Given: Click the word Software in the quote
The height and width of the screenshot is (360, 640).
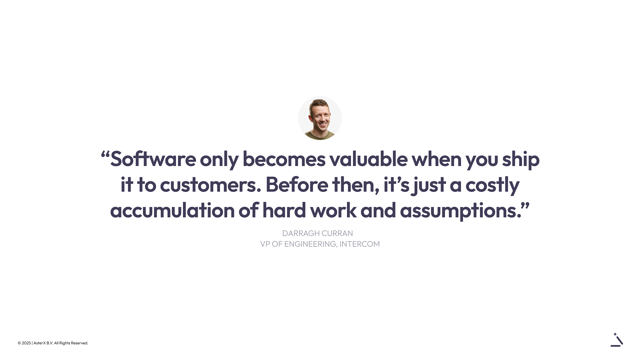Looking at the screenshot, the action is click(x=153, y=159).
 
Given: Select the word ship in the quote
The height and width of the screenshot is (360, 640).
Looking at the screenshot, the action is click(x=521, y=160).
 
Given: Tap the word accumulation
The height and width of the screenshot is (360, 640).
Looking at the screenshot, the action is click(x=172, y=211).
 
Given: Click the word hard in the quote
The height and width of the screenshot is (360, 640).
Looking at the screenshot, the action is click(x=284, y=210).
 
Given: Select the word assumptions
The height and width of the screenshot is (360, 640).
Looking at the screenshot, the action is click(x=461, y=212).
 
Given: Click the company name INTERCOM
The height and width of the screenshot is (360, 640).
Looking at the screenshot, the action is click(x=360, y=244).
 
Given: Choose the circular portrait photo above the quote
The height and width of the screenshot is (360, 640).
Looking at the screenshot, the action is click(x=320, y=118).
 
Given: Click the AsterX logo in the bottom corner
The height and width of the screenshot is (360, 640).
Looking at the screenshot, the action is click(x=617, y=340).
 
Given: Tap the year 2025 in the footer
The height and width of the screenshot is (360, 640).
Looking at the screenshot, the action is click(x=26, y=343).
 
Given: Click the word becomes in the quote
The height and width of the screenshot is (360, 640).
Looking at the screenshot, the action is click(x=284, y=159).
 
